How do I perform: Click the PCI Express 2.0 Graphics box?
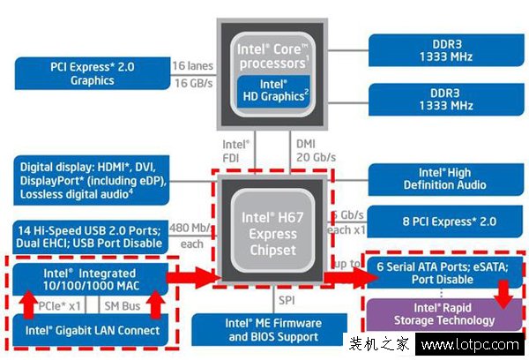pos(93,73)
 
